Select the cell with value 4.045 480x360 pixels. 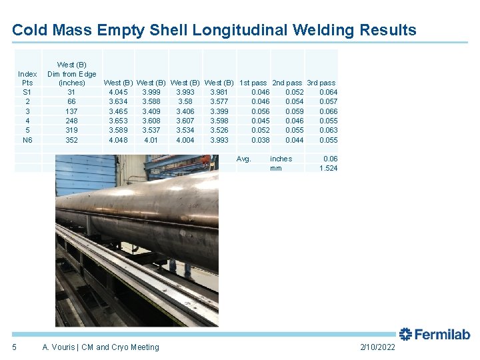[x=118, y=91]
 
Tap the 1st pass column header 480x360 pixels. [x=254, y=83]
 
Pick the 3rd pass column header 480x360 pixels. [x=321, y=83]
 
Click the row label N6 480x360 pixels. [x=27, y=140]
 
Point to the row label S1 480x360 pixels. [x=27, y=91]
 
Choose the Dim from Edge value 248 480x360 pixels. [x=71, y=121]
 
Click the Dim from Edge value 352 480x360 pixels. [x=71, y=140]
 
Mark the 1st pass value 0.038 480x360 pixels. [x=261, y=140]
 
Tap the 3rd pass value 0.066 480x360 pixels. [x=329, y=111]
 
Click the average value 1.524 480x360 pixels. [x=329, y=168]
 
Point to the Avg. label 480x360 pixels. [x=244, y=159]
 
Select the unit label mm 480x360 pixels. [x=276, y=168]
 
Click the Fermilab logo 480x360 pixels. [x=435, y=334]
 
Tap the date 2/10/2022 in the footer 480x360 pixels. [x=377, y=347]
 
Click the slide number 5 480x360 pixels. [x=15, y=347]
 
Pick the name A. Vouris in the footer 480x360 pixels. [x=57, y=347]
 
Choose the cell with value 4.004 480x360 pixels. [x=185, y=140]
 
